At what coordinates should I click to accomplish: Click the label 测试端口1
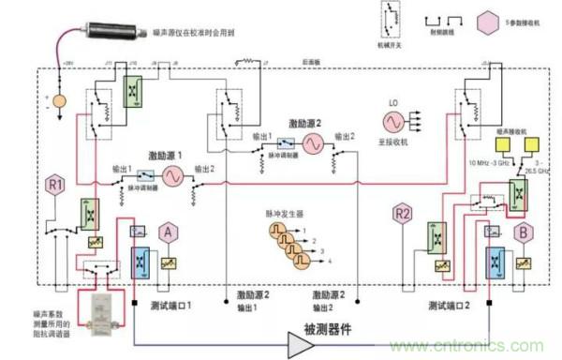point(170,306)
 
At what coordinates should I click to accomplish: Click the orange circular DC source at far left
point(60,99)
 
